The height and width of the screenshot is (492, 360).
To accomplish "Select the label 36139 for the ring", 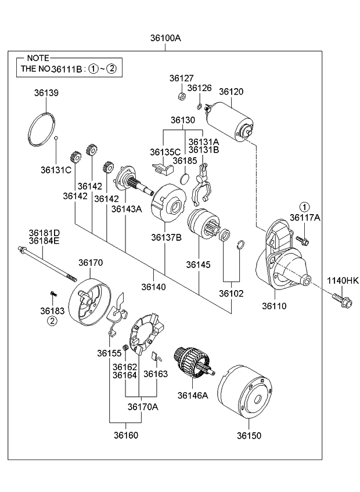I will (45, 93).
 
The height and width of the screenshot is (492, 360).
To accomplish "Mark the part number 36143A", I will (126, 209).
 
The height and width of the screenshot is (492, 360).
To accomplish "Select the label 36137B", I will (166, 237).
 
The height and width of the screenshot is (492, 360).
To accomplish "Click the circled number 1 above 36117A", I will (305, 206).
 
